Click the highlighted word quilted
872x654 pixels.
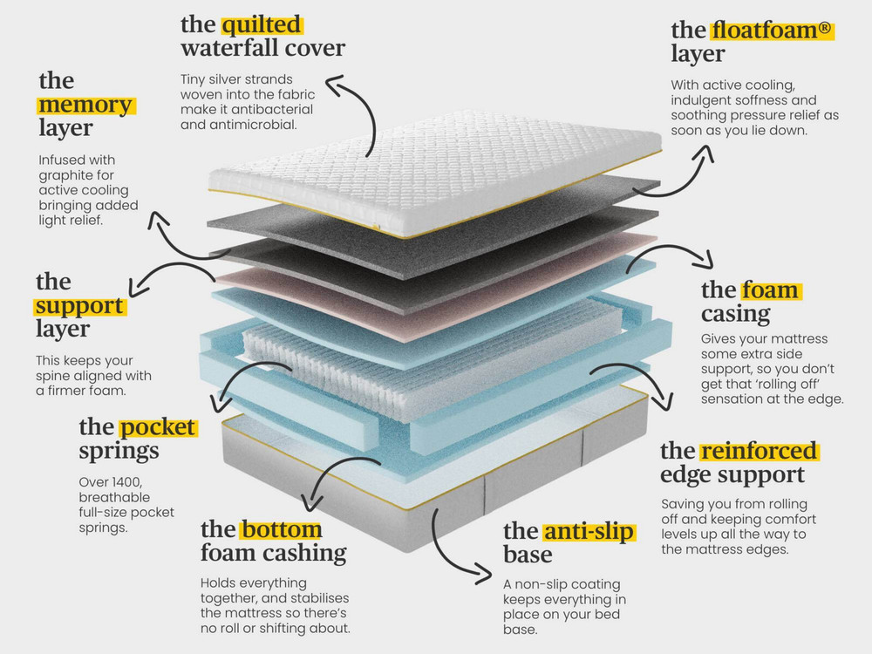(x=262, y=24)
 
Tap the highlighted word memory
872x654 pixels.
(x=85, y=105)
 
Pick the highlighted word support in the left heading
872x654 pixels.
(x=79, y=306)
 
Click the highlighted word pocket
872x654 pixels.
(x=157, y=427)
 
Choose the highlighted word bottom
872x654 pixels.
(x=282, y=529)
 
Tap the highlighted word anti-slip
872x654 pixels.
(x=589, y=532)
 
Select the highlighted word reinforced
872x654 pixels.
(x=759, y=451)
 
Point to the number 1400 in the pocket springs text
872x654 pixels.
(x=126, y=481)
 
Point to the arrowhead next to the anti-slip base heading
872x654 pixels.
(x=484, y=574)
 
